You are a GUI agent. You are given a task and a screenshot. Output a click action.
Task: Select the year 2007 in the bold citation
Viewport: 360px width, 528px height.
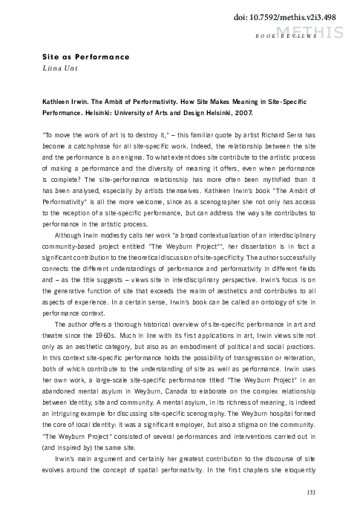pyautogui.click(x=243, y=113)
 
